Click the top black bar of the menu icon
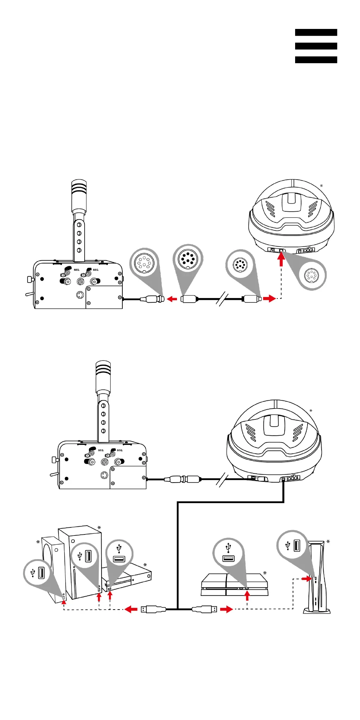tap(316, 32)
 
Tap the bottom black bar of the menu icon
tap(316, 60)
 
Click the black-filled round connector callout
tap(188, 259)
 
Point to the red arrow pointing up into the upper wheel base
tap(281, 259)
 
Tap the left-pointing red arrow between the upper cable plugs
tap(172, 299)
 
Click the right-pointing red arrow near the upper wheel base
tap(269, 299)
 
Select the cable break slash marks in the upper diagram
tap(222, 299)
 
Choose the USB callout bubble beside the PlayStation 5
tap(292, 545)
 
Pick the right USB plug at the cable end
tap(205, 609)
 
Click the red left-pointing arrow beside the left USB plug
tap(132, 609)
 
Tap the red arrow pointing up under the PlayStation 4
tap(247, 595)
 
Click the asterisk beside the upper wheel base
tap(321, 186)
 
